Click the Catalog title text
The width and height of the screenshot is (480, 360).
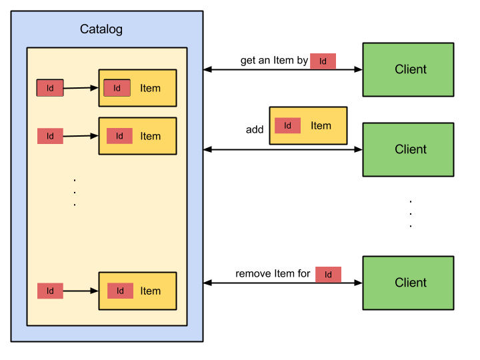point(101,29)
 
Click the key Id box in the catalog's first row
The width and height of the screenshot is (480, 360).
point(50,88)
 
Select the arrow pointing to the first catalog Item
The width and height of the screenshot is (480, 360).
point(81,87)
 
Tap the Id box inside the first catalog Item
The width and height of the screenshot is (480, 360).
point(117,88)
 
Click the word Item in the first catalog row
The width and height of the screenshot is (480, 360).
point(150,88)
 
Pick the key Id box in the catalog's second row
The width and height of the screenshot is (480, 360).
point(50,136)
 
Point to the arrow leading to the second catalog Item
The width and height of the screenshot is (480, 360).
point(81,136)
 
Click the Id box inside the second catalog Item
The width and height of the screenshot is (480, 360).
point(119,136)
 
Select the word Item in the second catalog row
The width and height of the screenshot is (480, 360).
point(150,136)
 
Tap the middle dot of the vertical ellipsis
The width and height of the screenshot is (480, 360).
point(75,192)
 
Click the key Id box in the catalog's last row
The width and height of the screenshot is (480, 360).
point(50,291)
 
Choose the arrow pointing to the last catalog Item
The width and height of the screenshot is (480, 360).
point(81,291)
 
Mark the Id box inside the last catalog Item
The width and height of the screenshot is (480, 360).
point(120,291)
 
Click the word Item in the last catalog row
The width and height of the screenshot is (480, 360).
point(150,291)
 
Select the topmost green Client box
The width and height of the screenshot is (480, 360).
point(408,69)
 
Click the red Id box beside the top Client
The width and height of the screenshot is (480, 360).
point(323,61)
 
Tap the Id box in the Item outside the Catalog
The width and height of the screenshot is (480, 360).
point(288,125)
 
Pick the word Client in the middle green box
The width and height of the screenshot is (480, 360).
point(411,149)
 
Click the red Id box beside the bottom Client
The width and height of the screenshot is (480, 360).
point(328,275)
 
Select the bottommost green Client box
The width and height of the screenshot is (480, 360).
point(408,283)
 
